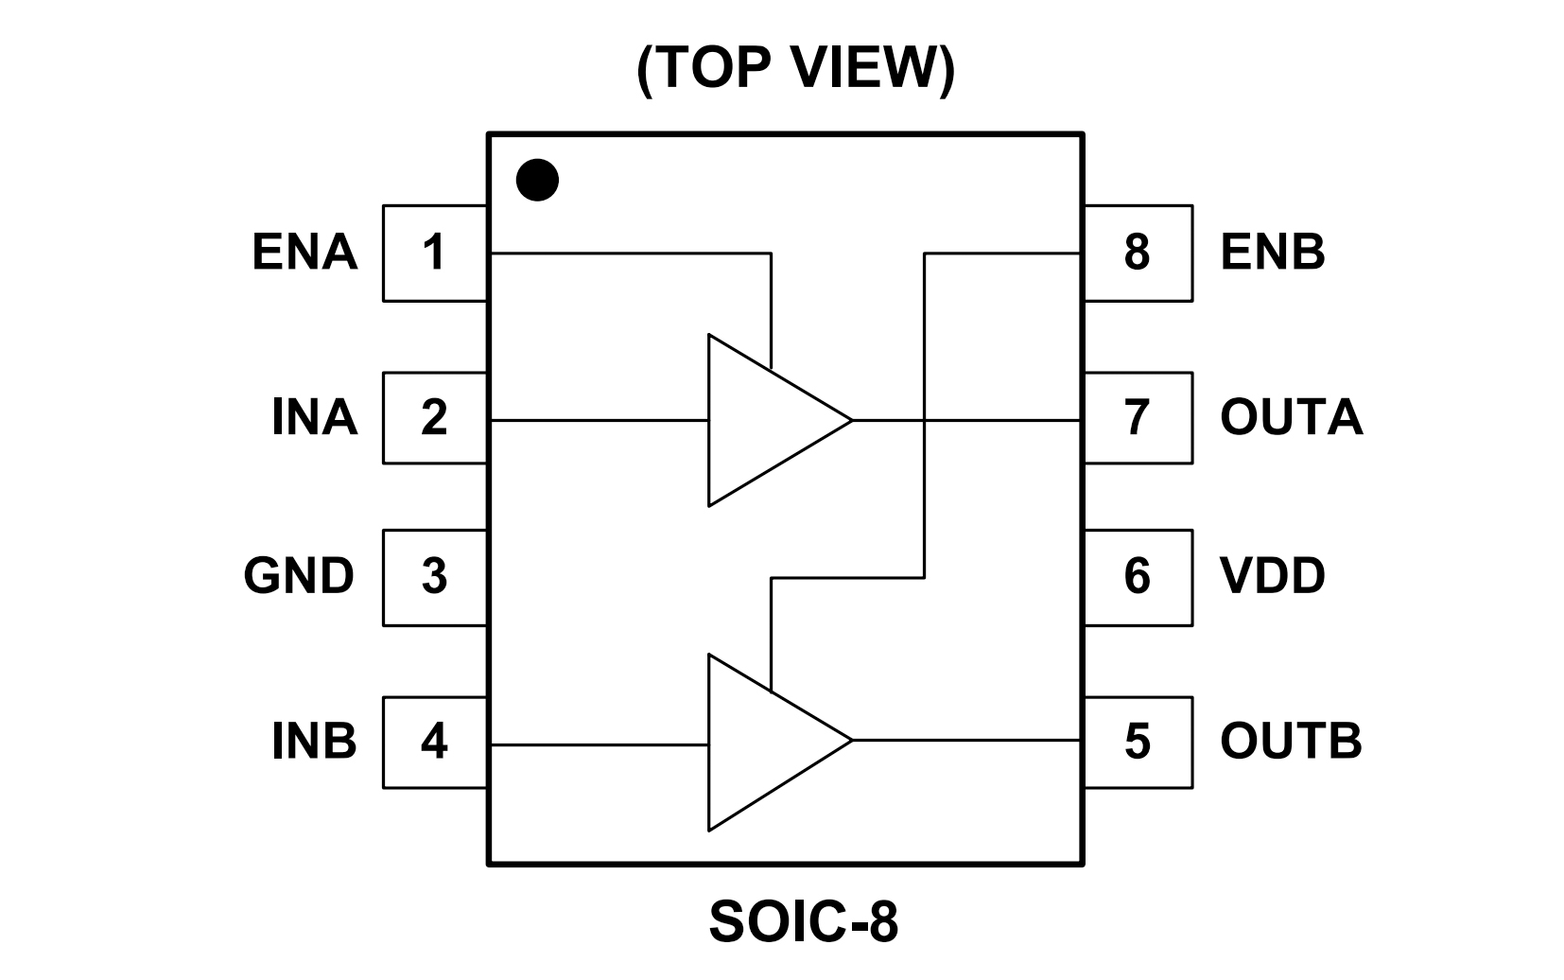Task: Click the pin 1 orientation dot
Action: [x=537, y=180]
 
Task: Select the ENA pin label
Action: [x=304, y=253]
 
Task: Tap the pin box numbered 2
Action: [x=434, y=417]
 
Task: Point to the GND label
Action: [x=299, y=576]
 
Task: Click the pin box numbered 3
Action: [x=434, y=576]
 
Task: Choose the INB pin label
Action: [x=314, y=741]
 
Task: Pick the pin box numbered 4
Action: [x=434, y=741]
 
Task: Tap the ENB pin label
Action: [x=1273, y=253]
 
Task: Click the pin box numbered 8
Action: [x=1138, y=253]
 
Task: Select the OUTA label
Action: [x=1291, y=417]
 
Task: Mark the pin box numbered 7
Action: [x=1138, y=417]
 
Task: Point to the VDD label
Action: [x=1273, y=576]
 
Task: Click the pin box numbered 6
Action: [x=1138, y=576]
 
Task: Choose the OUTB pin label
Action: [x=1291, y=741]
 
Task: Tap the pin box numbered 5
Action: [x=1138, y=741]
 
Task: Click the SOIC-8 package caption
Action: [x=803, y=922]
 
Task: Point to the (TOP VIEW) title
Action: [x=795, y=68]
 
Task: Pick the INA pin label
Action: [x=314, y=417]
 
